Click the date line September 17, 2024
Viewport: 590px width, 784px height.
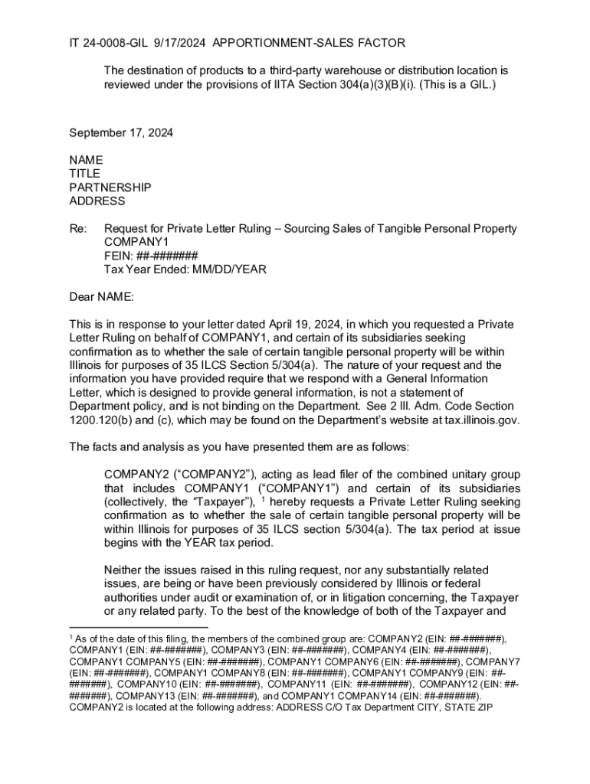coord(121,132)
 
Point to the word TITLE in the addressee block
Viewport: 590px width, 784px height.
coord(84,174)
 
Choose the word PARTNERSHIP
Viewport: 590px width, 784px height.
coord(110,188)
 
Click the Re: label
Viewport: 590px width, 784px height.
coord(78,229)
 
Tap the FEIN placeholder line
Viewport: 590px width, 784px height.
coord(151,256)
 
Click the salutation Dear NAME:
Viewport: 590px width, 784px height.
coord(101,296)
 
